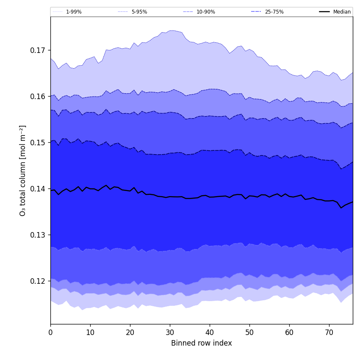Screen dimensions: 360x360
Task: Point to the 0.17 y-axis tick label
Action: [38, 50]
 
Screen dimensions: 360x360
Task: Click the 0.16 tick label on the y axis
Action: [38, 97]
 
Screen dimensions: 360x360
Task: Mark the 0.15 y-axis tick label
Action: [38, 143]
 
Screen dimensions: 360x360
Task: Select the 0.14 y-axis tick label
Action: [38, 189]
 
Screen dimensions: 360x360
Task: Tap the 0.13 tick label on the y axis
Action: [38, 235]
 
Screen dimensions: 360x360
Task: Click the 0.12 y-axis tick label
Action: [38, 281]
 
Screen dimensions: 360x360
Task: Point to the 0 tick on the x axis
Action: [50, 332]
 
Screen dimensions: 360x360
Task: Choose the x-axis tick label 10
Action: [90, 332]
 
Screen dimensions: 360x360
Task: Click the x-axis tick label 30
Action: [170, 332]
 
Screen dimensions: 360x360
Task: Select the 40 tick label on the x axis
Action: [210, 332]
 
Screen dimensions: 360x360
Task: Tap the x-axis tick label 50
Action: [249, 332]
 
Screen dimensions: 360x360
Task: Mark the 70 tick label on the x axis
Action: [329, 332]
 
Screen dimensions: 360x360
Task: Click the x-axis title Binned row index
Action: [202, 343]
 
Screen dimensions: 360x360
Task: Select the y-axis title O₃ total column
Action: [23, 170]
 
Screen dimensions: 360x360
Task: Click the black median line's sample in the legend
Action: [324, 12]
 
